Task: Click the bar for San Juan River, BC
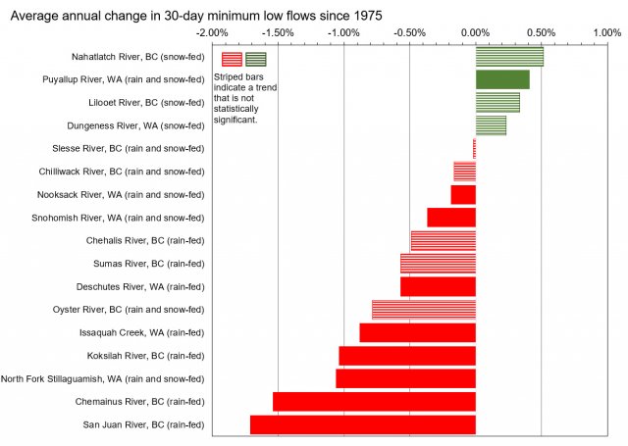pos(362,424)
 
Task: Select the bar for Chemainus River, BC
pos(374,401)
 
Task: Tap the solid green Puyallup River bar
pos(502,79)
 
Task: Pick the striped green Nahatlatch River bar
pos(509,57)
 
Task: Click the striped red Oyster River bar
pos(424,310)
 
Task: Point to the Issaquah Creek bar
pos(417,332)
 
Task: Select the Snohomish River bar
pos(451,218)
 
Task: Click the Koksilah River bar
pos(407,356)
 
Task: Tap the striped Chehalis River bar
pos(443,240)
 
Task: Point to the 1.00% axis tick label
pos(607,34)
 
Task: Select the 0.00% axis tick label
pos(476,34)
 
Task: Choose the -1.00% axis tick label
pos(344,34)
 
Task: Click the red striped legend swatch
pos(232,59)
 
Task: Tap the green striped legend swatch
pos(256,59)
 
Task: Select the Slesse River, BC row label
pos(128,149)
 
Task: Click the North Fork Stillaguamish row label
pos(102,378)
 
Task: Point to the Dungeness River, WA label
pos(135,125)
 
